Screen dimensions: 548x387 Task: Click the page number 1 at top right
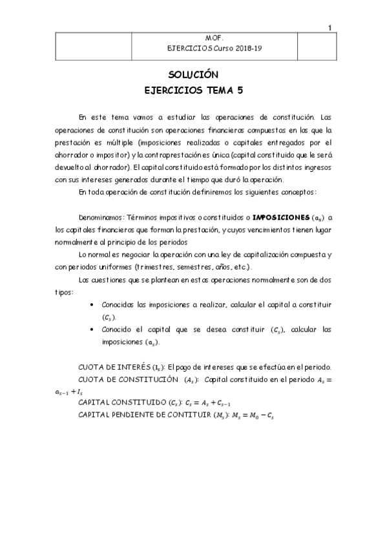(330, 27)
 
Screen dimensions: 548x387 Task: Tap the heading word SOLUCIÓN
(193, 74)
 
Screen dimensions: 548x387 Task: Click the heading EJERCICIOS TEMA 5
(193, 91)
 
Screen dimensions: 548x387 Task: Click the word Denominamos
(100, 218)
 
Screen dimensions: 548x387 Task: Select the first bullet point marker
(96, 304)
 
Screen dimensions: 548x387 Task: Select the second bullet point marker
(96, 330)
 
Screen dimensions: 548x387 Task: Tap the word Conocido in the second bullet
(119, 330)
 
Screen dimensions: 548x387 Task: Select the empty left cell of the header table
(103, 44)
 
